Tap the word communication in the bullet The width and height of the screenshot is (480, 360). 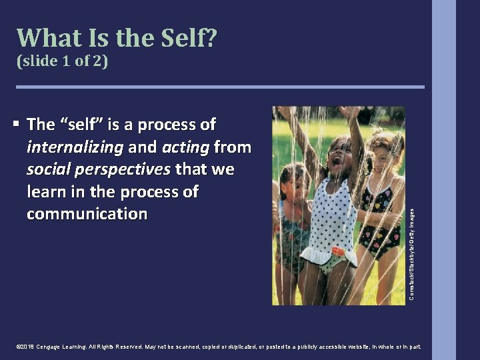(x=87, y=214)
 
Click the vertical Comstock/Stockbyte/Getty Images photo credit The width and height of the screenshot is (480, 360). (x=411, y=253)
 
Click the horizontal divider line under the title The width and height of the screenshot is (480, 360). (x=220, y=87)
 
